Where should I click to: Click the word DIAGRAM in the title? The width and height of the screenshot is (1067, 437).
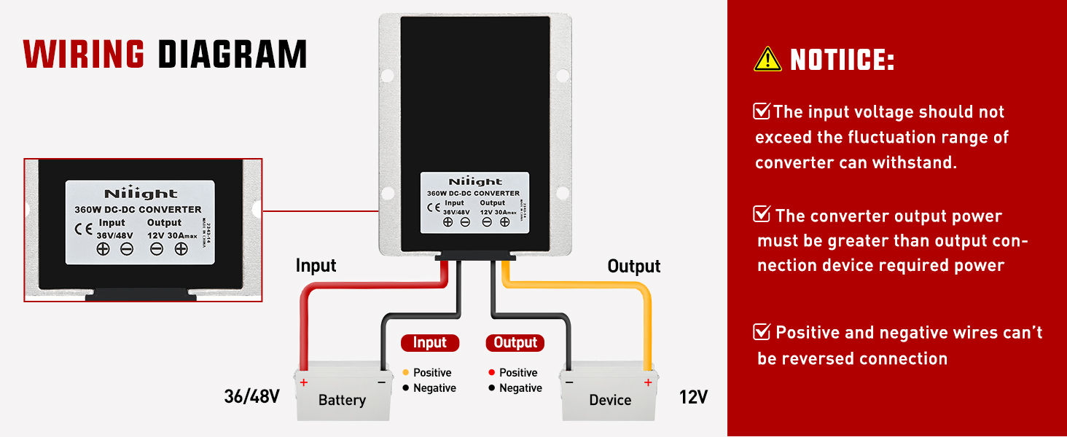pos(232,54)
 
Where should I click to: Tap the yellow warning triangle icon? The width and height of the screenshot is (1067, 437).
pos(767,60)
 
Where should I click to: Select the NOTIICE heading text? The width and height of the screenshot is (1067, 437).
pos(843,60)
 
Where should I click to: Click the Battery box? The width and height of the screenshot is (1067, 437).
pos(342,397)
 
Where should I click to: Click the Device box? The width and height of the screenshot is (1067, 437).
pos(609,397)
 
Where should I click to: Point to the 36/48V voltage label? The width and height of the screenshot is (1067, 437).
pos(252,398)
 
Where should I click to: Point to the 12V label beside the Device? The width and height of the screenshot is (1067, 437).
pos(693,398)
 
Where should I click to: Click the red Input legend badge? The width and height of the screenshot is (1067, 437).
pos(430,342)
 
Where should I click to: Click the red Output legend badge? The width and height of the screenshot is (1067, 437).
pos(515,342)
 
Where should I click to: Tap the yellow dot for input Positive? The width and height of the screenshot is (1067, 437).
pos(405,373)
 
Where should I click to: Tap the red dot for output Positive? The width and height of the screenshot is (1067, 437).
pos(492,373)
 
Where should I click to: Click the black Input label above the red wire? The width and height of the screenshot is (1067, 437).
pos(316,266)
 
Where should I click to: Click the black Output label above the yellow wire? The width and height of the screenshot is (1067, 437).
pos(634,267)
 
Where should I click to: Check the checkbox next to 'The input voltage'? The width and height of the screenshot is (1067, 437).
pos(762,111)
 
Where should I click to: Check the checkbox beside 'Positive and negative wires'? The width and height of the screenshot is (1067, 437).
pos(762,332)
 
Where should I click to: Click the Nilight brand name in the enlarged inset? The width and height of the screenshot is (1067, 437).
pos(141,194)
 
